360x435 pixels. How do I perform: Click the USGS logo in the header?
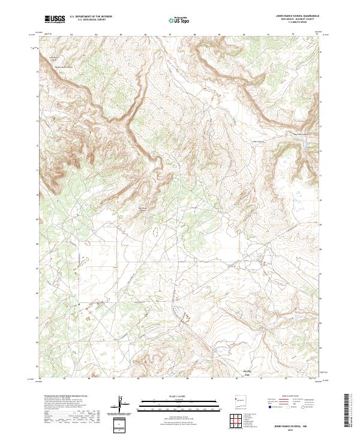(x=55, y=19)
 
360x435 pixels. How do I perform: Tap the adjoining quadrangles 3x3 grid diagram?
(x=240, y=423)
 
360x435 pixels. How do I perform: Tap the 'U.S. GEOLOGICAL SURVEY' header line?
(x=86, y=20)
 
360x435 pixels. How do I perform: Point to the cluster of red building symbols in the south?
(x=184, y=316)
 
